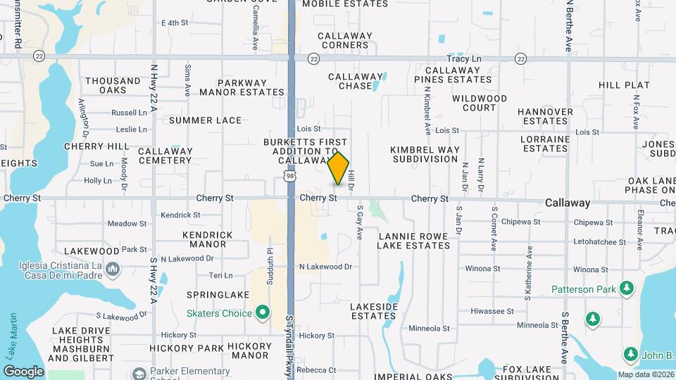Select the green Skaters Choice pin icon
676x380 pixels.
point(263,311)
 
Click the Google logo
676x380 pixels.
point(23,372)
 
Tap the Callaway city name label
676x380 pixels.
point(568,203)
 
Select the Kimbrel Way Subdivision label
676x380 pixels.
point(425,154)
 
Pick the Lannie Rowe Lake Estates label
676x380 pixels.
point(413,241)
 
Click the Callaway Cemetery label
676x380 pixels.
point(165,156)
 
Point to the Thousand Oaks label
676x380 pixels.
point(113,86)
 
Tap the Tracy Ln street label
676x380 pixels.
point(463,60)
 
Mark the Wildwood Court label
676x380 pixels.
point(479,103)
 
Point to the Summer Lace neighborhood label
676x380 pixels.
point(205,120)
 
